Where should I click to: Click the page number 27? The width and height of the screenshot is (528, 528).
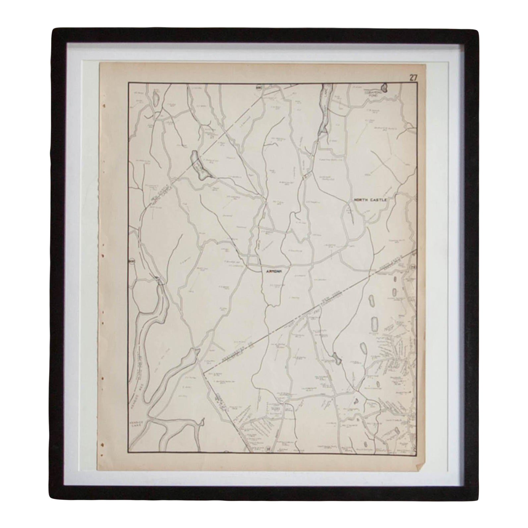click(x=413, y=78)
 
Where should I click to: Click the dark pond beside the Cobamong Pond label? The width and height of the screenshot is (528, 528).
click(x=384, y=88)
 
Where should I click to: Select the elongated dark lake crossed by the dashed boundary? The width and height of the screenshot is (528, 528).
click(x=199, y=165)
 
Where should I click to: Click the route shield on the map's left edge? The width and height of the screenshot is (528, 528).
click(x=132, y=261)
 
